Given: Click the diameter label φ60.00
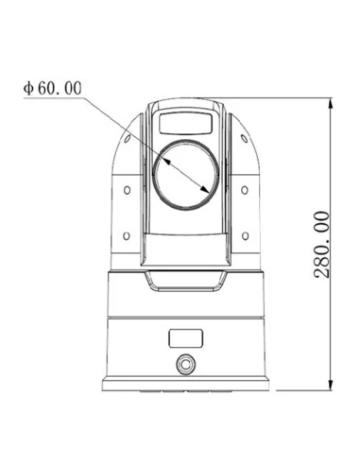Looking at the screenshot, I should click(52, 88).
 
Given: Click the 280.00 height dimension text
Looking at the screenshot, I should click(322, 243).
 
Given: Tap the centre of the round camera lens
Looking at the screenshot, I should click(185, 174).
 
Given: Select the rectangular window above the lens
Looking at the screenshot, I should click(185, 122).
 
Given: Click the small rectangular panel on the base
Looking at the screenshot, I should click(185, 337).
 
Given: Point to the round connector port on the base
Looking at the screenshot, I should click(185, 363).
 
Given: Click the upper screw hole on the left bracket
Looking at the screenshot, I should click(127, 190).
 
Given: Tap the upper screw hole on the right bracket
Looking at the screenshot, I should click(244, 190).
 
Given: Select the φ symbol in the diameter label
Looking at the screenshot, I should click(29, 88).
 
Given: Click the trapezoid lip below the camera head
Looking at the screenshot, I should click(185, 278).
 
